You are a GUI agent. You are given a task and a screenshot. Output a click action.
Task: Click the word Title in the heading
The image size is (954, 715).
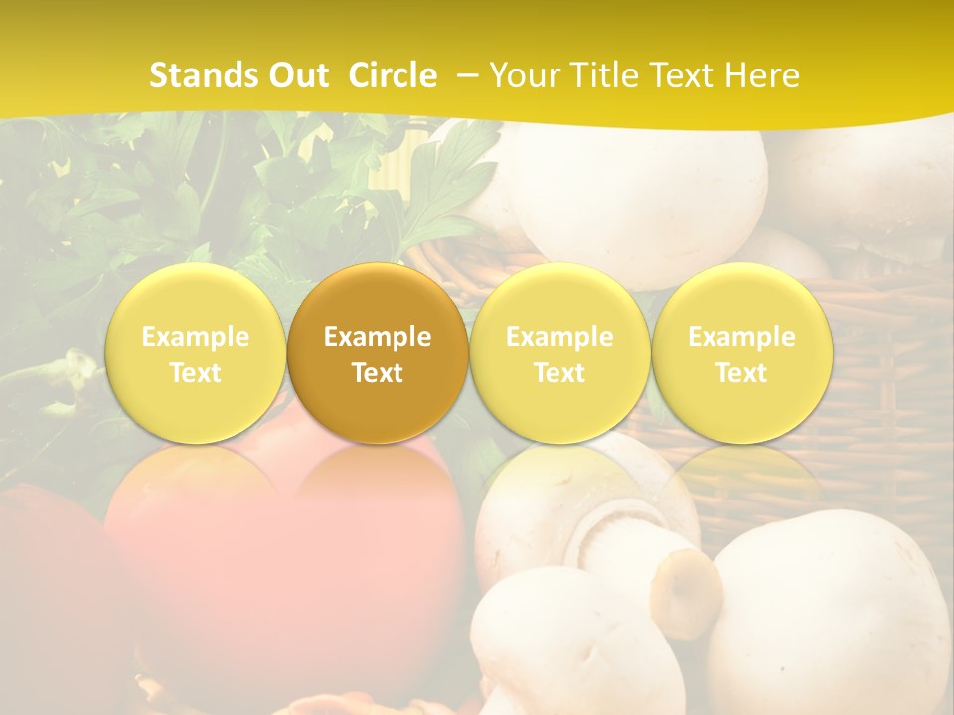(x=601, y=75)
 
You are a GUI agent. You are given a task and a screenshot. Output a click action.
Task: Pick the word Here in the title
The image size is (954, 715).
(x=762, y=75)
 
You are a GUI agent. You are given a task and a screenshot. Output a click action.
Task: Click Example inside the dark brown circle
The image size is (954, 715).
(x=378, y=337)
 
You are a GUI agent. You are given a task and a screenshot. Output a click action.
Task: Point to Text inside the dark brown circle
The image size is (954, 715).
(x=378, y=373)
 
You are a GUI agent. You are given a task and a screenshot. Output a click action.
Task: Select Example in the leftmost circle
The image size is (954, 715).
(x=196, y=337)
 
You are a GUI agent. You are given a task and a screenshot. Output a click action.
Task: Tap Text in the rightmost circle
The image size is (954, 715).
(x=741, y=373)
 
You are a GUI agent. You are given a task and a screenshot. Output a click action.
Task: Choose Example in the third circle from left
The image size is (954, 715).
(x=559, y=337)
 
